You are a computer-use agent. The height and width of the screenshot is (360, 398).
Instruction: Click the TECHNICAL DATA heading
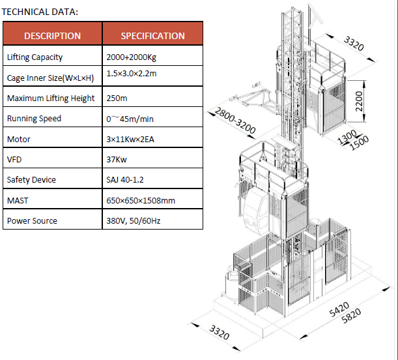[40, 12]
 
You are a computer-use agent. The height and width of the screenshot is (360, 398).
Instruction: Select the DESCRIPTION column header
[52, 36]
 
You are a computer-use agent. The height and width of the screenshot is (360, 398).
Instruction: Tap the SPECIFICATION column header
[152, 36]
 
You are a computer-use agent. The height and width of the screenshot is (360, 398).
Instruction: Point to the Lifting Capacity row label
[35, 57]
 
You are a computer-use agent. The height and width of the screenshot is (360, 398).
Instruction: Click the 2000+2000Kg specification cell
[131, 57]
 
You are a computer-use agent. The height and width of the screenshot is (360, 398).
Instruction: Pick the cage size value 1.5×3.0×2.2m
[132, 74]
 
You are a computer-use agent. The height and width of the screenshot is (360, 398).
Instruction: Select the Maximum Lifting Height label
[51, 98]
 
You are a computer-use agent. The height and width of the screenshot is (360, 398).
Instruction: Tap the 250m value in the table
[117, 98]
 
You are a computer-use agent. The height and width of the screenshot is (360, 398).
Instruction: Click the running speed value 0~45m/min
[130, 119]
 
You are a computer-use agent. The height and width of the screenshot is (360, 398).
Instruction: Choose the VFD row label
[14, 160]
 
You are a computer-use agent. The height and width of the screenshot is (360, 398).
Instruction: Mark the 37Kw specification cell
[117, 160]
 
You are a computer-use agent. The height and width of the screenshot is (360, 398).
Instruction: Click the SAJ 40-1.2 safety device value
[125, 180]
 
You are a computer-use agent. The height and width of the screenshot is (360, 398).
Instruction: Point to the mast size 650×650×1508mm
[141, 200]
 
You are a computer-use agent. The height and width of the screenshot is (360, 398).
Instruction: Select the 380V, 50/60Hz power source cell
[134, 221]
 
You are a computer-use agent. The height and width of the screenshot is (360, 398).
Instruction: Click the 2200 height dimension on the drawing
[359, 101]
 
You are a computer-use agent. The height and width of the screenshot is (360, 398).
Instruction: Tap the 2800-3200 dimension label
[235, 121]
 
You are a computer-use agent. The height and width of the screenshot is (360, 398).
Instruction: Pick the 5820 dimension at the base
[351, 316]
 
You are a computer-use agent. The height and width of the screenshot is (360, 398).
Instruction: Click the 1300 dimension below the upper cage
[347, 137]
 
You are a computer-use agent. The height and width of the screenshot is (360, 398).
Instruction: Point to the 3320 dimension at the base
[220, 333]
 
